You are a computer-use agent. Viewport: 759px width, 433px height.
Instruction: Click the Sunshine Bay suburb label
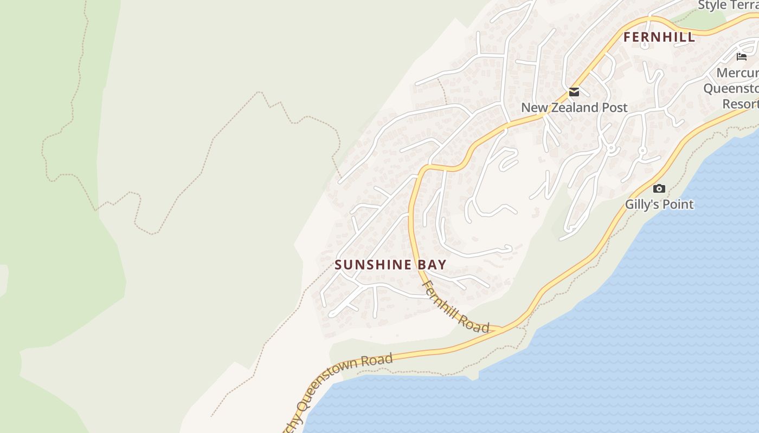[x=390, y=265]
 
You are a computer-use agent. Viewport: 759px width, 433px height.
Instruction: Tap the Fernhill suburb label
[x=659, y=37]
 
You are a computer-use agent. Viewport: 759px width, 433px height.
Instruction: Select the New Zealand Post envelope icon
[x=574, y=92]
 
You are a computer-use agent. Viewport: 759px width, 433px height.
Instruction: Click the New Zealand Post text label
[x=574, y=107]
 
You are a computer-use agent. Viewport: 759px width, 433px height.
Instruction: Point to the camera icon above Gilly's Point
[x=659, y=188]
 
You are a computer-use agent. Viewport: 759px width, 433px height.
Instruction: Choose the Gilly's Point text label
[x=659, y=204]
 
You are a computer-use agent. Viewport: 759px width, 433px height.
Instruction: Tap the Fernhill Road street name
[x=456, y=307]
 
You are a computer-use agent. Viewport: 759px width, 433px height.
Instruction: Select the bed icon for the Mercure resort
[x=742, y=56]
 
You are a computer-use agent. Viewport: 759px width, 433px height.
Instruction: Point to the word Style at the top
[x=712, y=5]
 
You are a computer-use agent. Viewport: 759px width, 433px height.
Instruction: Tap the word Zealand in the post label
[x=578, y=107]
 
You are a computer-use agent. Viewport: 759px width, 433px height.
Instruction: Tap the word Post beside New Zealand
[x=614, y=107]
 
